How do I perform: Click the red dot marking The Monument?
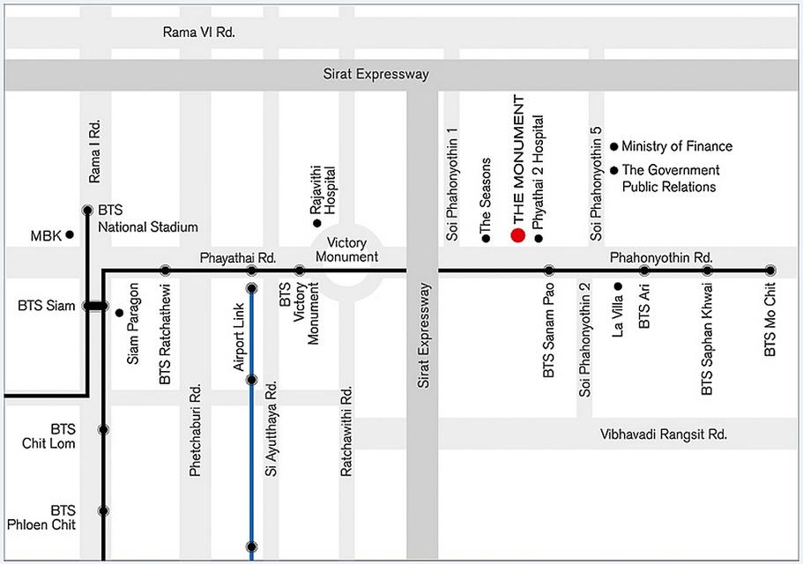coord(517,235)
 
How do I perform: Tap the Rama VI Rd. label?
coord(198,33)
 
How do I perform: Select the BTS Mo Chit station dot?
coord(770,271)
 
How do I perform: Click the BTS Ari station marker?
coord(644,271)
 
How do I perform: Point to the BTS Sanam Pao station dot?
coord(549,271)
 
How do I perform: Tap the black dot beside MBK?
coord(70,234)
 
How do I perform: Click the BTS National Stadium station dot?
coord(87,210)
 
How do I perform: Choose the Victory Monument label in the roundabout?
coord(346,249)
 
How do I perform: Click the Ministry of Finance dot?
coord(614,147)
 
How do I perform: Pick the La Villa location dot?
coord(618,286)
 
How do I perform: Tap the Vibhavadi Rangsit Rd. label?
coord(664,434)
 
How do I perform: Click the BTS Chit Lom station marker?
coord(103,429)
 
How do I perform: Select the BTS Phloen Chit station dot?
coord(103,511)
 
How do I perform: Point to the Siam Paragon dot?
coord(119,313)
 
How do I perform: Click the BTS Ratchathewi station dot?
coord(165,271)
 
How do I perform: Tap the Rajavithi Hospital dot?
coord(317,223)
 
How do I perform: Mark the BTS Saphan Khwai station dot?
coord(707,271)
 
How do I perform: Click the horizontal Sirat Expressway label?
coord(375,74)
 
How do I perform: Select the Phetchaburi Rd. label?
coord(195,430)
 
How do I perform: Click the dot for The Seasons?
coord(486,238)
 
